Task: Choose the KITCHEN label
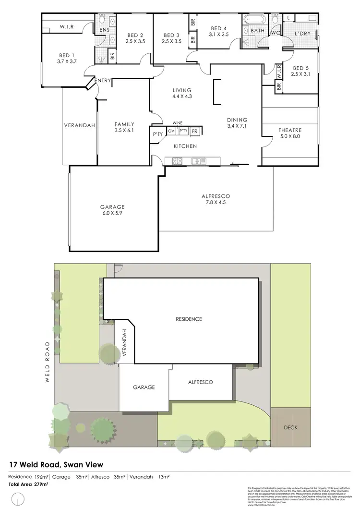185,146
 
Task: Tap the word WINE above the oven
178,123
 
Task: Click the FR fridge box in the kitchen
195,131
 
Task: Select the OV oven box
171,131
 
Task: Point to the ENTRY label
103,81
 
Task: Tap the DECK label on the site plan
291,426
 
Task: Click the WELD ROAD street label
48,363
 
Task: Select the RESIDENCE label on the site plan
189,319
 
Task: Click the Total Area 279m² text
28,484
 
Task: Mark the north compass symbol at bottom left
18,499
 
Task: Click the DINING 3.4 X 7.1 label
237,123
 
